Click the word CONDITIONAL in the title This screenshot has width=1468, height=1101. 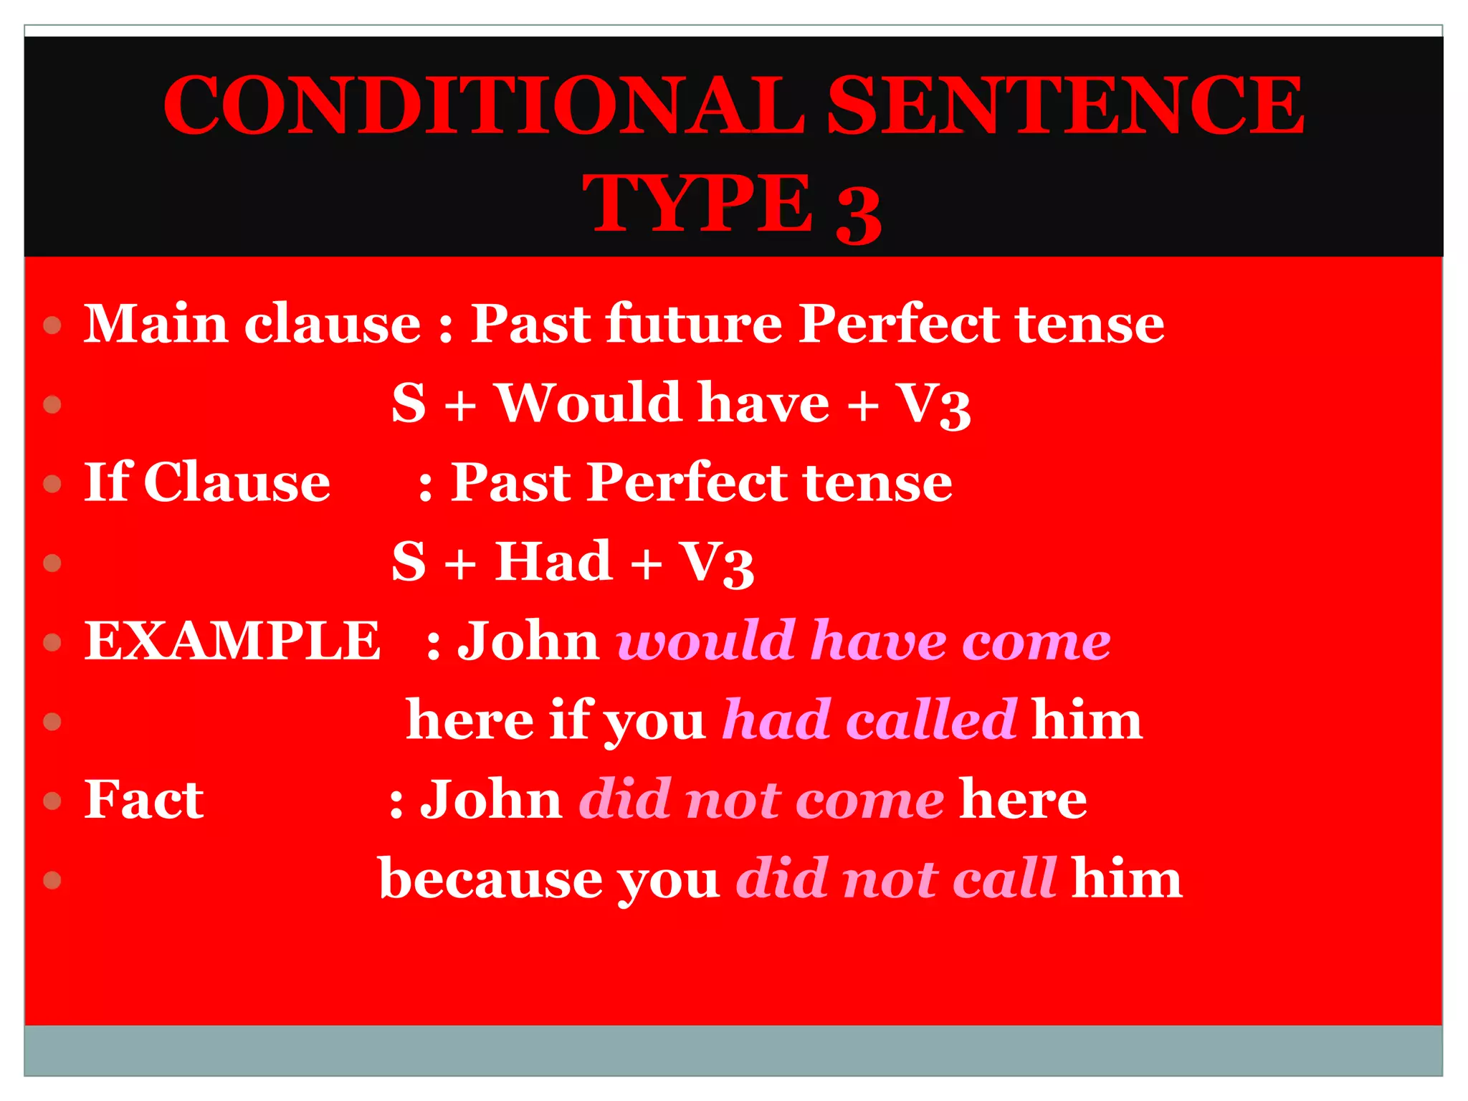coord(484,105)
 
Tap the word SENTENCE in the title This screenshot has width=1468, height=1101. coord(1066,105)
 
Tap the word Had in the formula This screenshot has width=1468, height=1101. coord(553,561)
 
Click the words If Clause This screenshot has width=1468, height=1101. coord(207,482)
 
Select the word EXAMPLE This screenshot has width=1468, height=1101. coord(232,640)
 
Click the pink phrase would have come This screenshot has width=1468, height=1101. coord(864,640)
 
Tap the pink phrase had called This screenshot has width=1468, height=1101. coord(869,720)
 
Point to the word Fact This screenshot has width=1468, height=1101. coord(144,799)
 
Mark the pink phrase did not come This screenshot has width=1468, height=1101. coord(761,799)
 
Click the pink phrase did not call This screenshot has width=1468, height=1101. coord(896,878)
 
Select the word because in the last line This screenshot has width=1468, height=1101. coord(491,878)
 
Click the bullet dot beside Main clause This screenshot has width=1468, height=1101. coord(52,326)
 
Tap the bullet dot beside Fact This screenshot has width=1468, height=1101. coord(52,801)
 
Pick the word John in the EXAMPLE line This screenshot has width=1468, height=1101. coord(528,640)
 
